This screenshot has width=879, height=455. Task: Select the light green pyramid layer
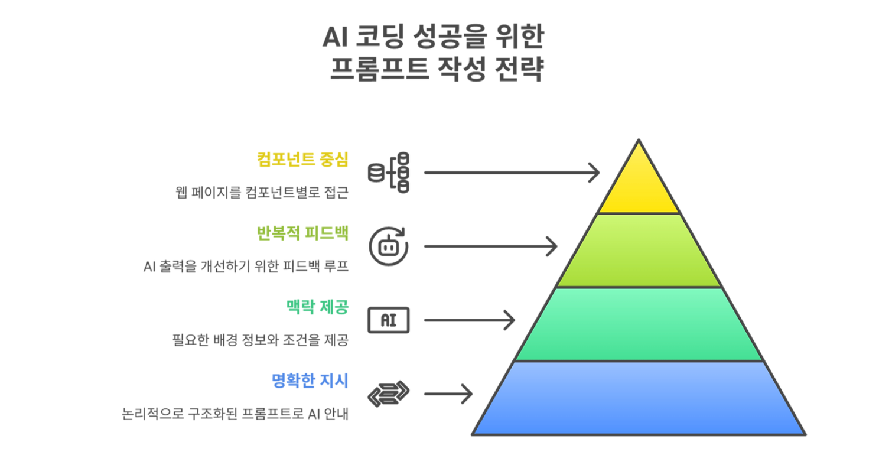click(639, 251)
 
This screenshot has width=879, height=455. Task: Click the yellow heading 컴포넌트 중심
click(302, 160)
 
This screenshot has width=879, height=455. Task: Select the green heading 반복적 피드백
click(302, 233)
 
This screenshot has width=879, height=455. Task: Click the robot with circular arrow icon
click(388, 246)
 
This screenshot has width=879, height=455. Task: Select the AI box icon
click(388, 320)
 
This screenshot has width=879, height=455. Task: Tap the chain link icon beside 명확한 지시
click(388, 394)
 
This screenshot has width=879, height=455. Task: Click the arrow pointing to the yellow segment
click(512, 173)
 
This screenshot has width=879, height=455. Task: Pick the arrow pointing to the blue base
click(448, 394)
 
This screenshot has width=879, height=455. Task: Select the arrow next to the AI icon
click(469, 320)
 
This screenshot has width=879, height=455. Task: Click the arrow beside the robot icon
click(490, 246)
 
